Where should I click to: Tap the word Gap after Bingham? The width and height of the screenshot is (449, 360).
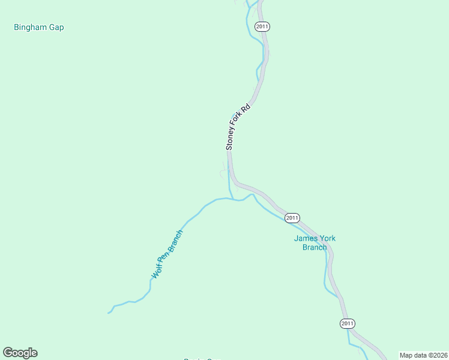coord(56,28)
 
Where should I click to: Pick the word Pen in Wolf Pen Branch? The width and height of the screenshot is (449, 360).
coord(164,257)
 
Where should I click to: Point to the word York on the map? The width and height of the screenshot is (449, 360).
coord(327,238)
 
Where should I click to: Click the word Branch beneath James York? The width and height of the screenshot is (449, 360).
coord(315,247)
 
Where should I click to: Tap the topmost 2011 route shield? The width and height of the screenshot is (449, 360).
coord(262,26)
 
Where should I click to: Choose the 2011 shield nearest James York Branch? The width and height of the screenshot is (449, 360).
coord(292,218)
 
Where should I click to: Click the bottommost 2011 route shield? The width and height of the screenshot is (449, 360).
coord(347,323)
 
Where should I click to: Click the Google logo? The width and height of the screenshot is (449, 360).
coord(20,353)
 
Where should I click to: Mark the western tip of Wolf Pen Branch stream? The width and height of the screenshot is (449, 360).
coord(109,313)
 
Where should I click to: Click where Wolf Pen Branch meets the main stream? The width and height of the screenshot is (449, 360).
coord(232,199)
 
